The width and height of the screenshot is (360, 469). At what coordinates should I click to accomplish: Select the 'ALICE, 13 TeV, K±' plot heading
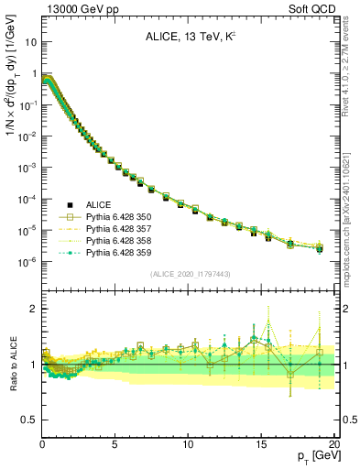(189, 38)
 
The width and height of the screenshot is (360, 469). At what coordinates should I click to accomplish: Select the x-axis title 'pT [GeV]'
(313, 455)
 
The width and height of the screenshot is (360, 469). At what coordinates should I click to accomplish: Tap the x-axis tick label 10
(188, 443)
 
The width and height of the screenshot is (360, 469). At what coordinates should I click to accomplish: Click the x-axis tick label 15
(261, 443)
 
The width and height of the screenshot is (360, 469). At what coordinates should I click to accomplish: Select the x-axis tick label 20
(334, 443)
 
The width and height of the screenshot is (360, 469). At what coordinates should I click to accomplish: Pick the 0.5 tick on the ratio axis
(29, 420)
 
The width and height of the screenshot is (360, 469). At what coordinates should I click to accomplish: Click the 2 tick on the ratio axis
(34, 309)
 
